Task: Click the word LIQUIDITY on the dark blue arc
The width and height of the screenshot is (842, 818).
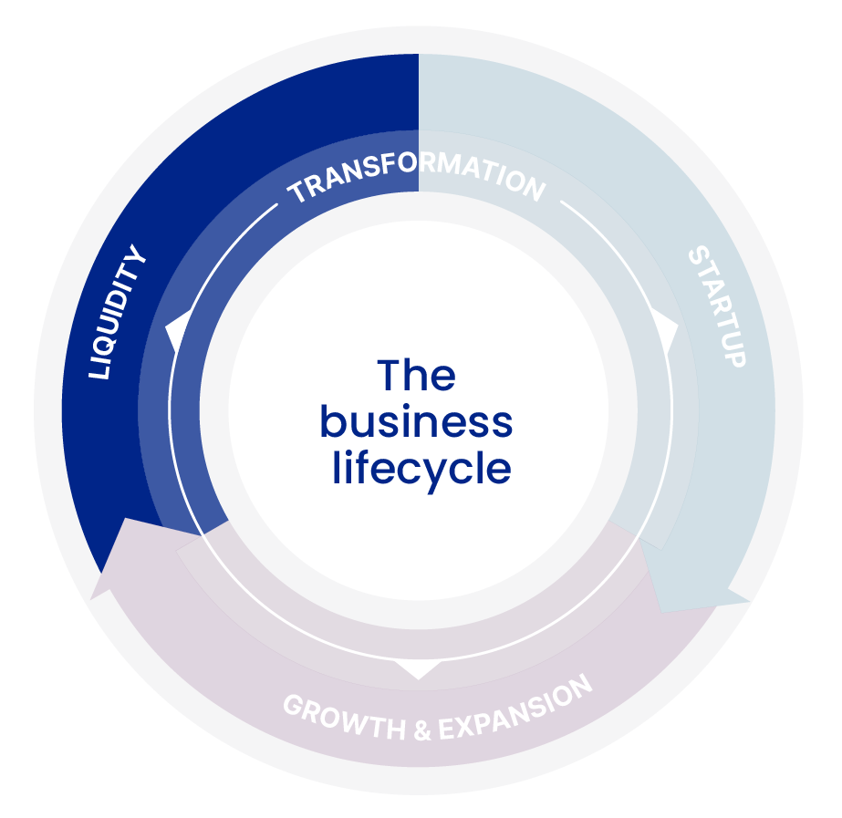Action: [x=117, y=313]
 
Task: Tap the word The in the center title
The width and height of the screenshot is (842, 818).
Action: [x=416, y=376]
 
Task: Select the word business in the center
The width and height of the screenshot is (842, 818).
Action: [x=416, y=422]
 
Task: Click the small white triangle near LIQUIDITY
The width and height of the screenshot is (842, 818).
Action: [x=176, y=330]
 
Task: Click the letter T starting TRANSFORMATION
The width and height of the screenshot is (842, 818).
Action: [x=296, y=194]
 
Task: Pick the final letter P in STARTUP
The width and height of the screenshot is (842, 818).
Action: [x=736, y=357]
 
